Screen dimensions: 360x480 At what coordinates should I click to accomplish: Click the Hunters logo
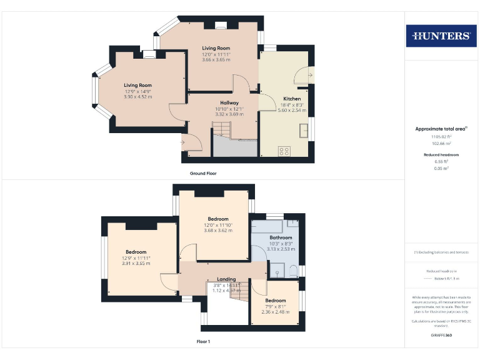coord(441,36)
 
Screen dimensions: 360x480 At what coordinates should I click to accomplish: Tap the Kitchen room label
coord(292,99)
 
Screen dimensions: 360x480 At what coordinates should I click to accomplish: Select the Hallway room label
coord(229,102)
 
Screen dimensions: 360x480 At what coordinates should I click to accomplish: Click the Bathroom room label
coord(281,237)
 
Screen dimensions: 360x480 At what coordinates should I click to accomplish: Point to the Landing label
coord(226,279)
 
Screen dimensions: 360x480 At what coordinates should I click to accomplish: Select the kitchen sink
coord(304,130)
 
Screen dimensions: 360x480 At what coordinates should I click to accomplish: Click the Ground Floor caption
coord(203,173)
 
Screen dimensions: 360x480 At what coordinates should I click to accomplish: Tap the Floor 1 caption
coord(203,342)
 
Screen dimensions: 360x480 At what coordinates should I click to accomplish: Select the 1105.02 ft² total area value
coord(441,136)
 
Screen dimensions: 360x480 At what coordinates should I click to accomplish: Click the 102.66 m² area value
coord(441,143)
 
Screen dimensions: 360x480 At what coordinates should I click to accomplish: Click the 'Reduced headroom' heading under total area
coord(441,154)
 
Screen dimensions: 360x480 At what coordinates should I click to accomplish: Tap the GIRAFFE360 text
coord(441,336)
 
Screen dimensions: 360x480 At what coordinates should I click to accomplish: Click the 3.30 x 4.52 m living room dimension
coord(138,97)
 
